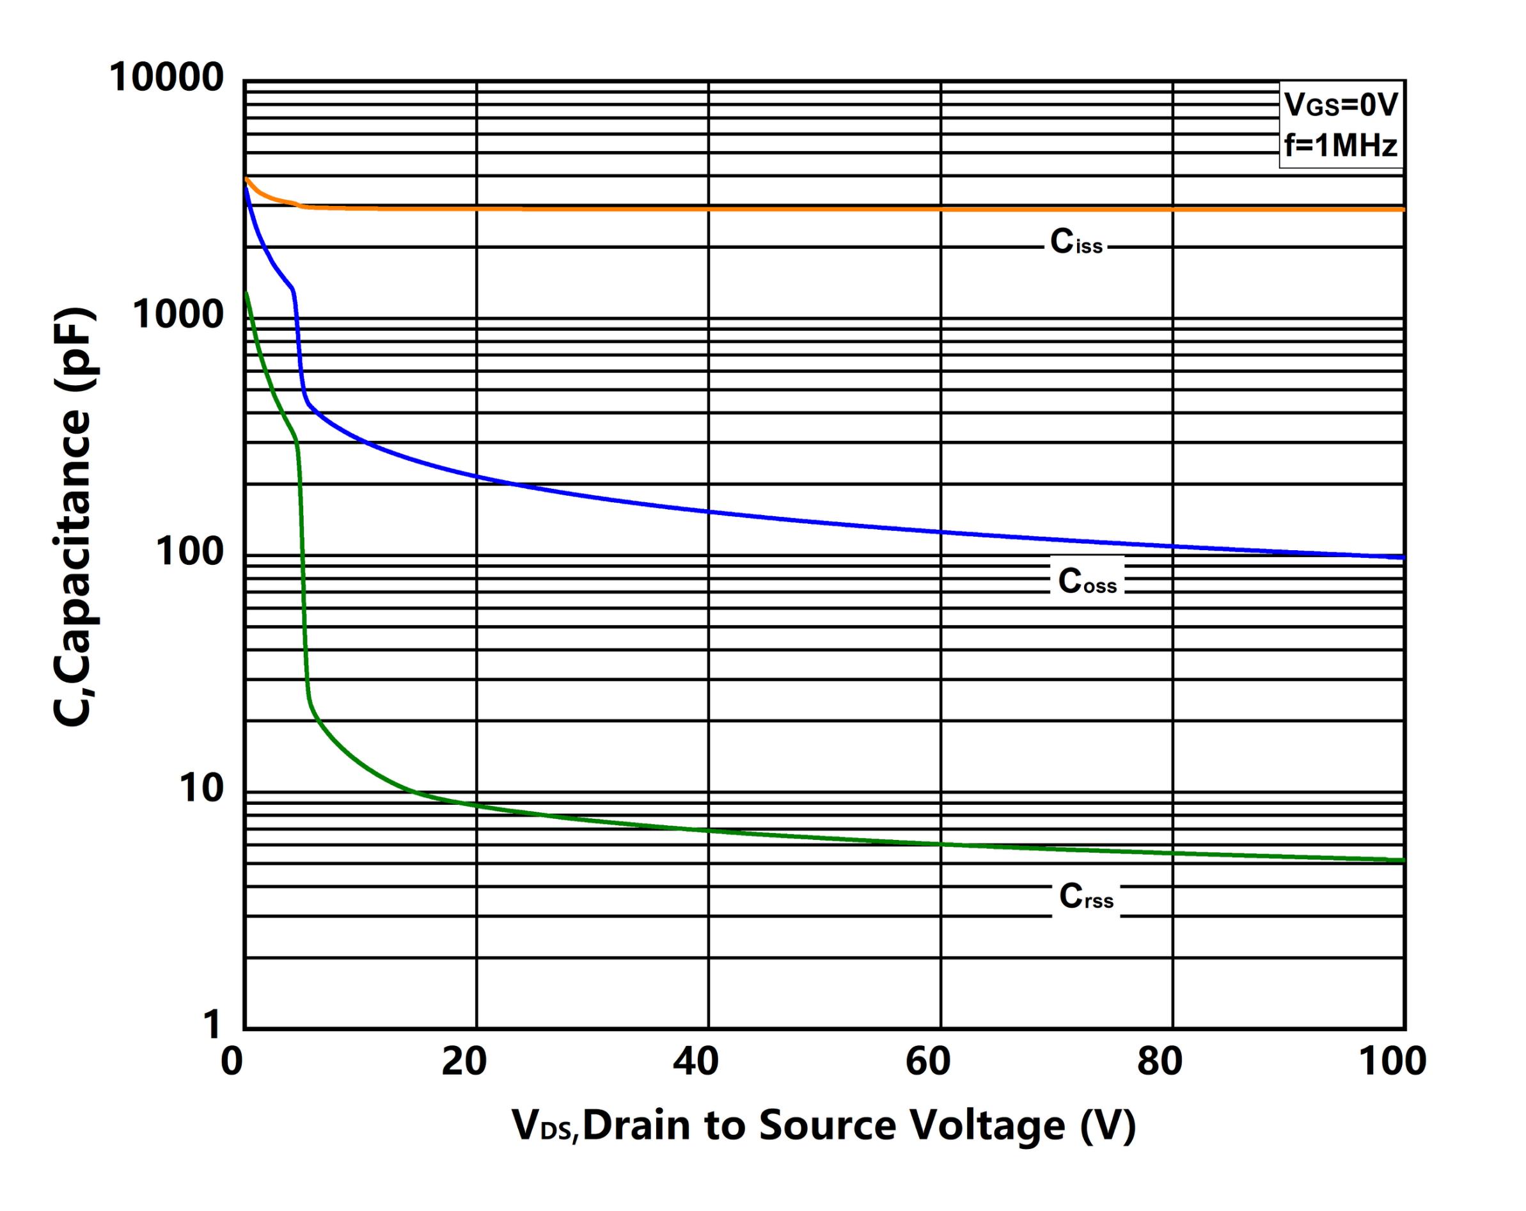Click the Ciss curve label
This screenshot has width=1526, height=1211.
1076,242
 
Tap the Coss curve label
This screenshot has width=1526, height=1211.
1087,582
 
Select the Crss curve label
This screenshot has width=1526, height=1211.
1087,897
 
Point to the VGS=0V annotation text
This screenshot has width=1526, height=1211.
1341,106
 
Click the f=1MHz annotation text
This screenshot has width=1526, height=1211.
1341,146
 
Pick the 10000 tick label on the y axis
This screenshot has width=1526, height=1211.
166,77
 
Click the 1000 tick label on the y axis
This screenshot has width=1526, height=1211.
178,314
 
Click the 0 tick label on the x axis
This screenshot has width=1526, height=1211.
232,1063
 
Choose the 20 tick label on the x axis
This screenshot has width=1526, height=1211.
464,1063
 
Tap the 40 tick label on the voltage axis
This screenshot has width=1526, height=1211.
696,1063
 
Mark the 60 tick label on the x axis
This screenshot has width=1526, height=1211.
928,1063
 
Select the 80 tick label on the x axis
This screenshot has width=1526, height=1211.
1160,1063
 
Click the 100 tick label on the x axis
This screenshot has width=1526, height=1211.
1392,1063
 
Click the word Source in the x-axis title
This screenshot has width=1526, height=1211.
827,1125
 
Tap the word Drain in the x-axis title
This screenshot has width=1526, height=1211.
636,1125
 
